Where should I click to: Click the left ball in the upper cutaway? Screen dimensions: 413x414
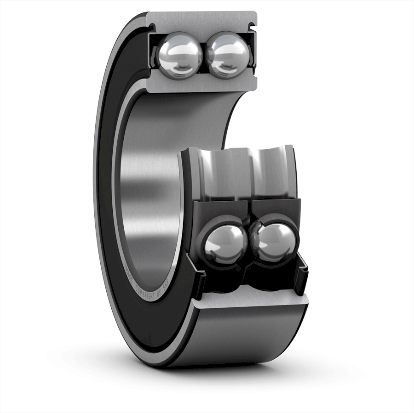[180, 55]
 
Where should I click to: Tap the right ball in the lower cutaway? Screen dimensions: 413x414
[275, 243]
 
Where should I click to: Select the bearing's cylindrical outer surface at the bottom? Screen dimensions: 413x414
[248, 340]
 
